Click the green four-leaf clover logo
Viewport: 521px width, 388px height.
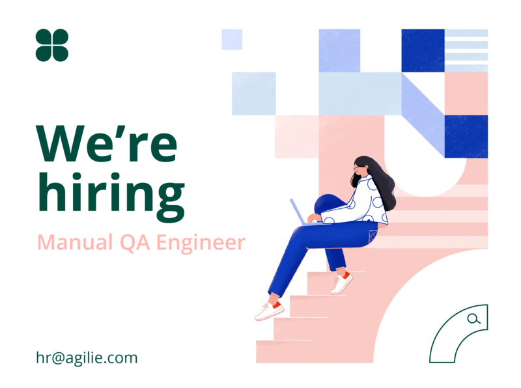pyautogui.click(x=52, y=45)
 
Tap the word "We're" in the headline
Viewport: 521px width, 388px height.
pyautogui.click(x=107, y=144)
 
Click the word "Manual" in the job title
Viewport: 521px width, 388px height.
pyautogui.click(x=75, y=242)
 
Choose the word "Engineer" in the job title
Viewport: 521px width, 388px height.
pyautogui.click(x=201, y=243)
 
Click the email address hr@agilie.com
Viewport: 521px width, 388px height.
pyautogui.click(x=87, y=358)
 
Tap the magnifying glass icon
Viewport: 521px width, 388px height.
pyautogui.click(x=473, y=319)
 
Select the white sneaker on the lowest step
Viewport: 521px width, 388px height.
pyautogui.click(x=270, y=311)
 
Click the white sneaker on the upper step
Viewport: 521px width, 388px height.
pyautogui.click(x=341, y=284)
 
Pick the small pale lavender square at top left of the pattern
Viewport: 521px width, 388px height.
pyautogui.click(x=232, y=40)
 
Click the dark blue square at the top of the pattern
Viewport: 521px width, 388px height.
pyautogui.click(x=423, y=51)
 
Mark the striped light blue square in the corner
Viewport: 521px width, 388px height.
pyautogui.click(x=466, y=51)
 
